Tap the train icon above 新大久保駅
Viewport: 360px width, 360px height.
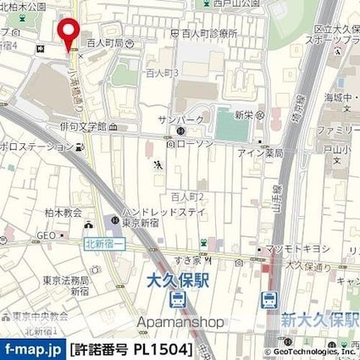coord(269,299)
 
